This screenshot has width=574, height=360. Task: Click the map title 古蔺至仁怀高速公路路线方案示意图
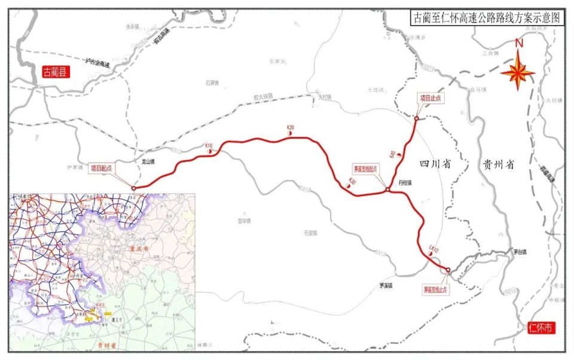coord(487,18)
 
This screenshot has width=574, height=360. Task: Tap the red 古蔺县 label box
coord(56,72)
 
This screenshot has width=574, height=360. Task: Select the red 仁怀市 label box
coord(541,327)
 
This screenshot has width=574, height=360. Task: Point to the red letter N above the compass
coord(519,43)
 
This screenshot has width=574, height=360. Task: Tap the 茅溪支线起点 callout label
coord(366,169)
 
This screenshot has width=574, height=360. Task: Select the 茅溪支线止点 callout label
coord(436,289)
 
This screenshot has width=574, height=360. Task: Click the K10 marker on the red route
coord(209,146)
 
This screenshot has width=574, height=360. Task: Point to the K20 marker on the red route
coord(291,127)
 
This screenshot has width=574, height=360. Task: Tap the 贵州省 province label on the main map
coord(498,165)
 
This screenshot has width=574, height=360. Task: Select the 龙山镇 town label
coord(148,161)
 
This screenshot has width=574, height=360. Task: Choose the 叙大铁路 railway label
coord(262,96)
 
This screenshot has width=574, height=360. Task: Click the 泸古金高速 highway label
coord(98,62)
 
